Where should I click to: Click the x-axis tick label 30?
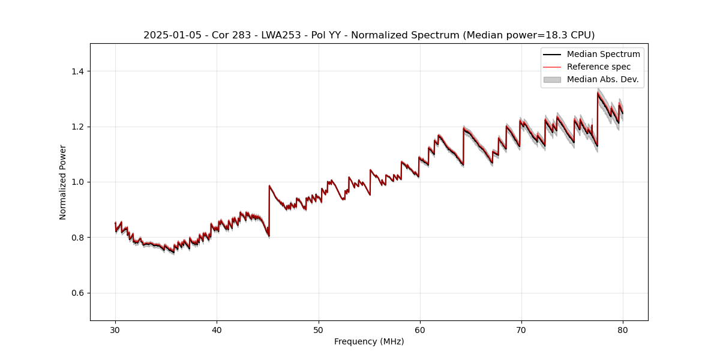point(115,329)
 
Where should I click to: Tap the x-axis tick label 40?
point(217,329)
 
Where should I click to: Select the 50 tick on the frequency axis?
point(319,329)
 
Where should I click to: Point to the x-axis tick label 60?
point(420,329)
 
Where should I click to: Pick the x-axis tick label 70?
point(521,329)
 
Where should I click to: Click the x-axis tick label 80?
point(623,329)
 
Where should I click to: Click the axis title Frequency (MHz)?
point(369,341)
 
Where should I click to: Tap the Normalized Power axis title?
point(63,182)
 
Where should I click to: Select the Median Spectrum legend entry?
point(603,54)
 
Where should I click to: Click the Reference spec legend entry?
point(598,67)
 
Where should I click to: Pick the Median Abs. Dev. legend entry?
point(602,79)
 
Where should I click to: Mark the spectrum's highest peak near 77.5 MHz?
point(598,92)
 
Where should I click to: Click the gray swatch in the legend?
point(552,79)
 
